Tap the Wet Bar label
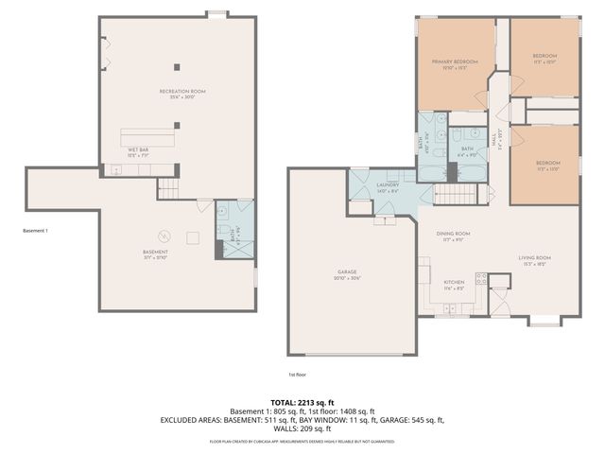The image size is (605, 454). pyautogui.click(x=137, y=150)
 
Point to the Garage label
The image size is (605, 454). pyautogui.click(x=347, y=274)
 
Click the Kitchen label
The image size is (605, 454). pyautogui.click(x=454, y=286)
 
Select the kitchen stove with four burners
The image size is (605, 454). pyautogui.click(x=481, y=279)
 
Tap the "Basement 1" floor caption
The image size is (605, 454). pyautogui.click(x=35, y=231)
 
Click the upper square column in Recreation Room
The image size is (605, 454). pyautogui.click(x=176, y=65)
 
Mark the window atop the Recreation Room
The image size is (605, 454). pyautogui.click(x=217, y=13)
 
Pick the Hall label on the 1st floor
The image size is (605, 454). pyautogui.click(x=496, y=140)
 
